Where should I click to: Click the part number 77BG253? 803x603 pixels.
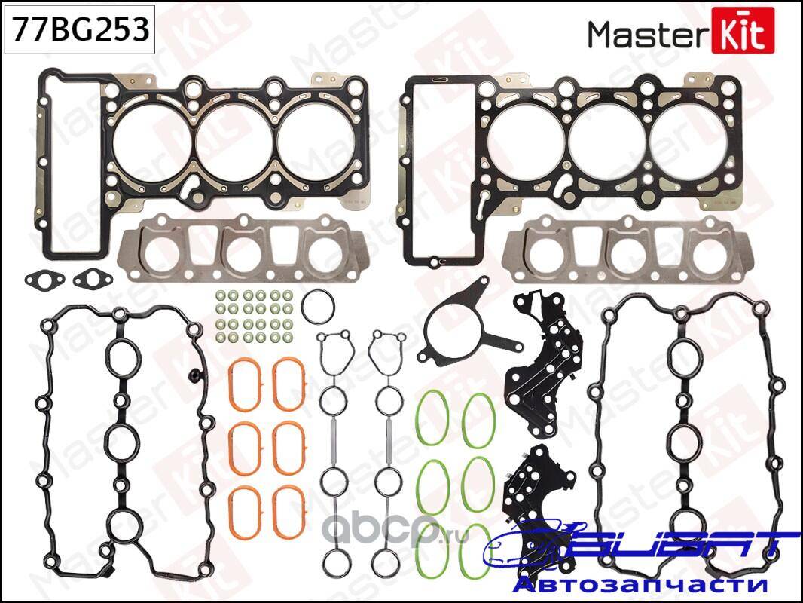point(80,29)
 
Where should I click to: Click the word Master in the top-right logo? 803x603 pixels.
point(647,35)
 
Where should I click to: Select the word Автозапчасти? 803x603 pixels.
point(640,585)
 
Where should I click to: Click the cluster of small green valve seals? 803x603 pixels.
point(254,317)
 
